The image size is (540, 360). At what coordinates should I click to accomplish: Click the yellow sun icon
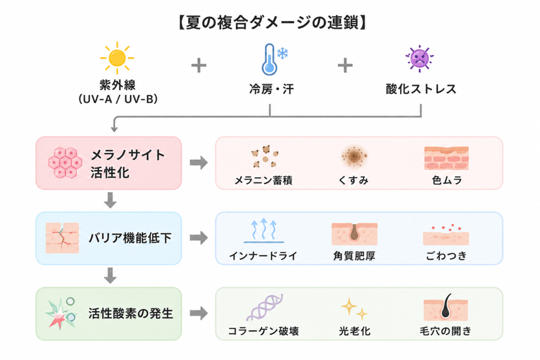117,58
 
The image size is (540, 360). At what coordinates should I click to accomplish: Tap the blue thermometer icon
269,60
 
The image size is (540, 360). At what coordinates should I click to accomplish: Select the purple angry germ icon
419,59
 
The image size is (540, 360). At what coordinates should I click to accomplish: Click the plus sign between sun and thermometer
199,65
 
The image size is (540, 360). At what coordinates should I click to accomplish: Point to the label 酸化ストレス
421,89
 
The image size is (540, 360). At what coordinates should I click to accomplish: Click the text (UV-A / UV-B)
118,99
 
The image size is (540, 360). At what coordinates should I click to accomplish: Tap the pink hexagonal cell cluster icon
65,163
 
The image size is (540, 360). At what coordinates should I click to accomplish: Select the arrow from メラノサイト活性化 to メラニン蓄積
199,162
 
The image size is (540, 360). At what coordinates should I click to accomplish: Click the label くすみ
354,180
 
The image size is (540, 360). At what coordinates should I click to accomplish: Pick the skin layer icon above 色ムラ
446,158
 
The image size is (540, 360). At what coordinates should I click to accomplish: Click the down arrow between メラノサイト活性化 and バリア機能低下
110,200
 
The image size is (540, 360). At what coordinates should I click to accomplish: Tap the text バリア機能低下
130,238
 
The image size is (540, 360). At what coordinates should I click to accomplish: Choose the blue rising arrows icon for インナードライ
264,230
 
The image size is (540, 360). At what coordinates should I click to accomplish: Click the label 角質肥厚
354,256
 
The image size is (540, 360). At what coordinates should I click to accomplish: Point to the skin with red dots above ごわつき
446,235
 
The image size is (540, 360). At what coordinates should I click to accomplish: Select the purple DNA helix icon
265,307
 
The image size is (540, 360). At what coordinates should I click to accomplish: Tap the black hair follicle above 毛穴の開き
446,307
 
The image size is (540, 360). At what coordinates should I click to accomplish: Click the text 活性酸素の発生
131,313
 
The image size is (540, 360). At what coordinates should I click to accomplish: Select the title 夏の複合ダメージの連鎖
272,23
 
